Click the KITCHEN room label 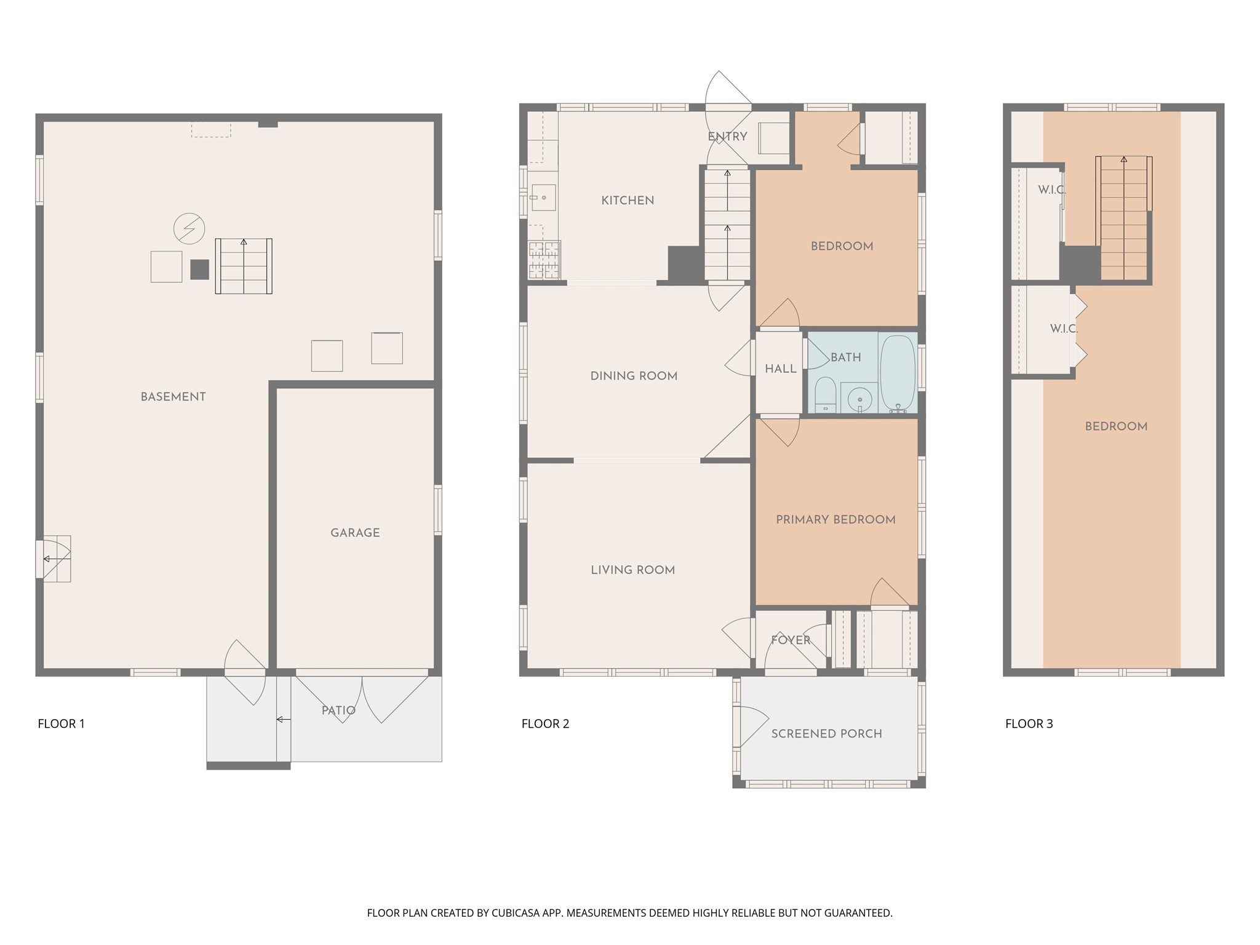628,201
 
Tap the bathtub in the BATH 898,372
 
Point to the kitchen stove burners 544,258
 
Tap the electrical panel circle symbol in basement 189,229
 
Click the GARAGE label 355,533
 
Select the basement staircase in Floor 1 244,266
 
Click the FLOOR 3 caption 1029,724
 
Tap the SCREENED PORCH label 826,733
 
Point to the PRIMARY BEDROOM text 835,520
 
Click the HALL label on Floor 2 780,369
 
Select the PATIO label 338,711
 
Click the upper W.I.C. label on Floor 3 1051,190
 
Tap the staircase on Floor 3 1123,218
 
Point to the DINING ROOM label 634,376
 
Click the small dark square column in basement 199,269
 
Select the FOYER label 791,640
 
